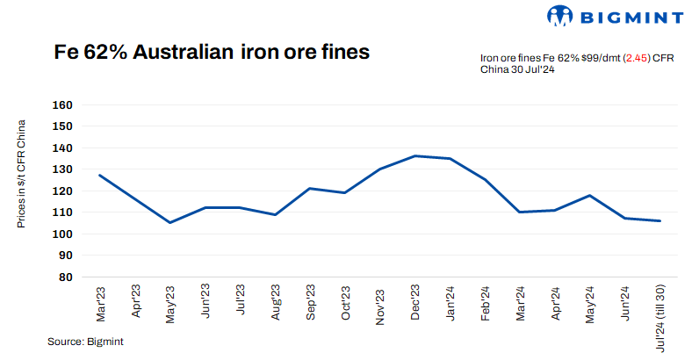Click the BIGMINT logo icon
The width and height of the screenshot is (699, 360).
pyautogui.click(x=560, y=15)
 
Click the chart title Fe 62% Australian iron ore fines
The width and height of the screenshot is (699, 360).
pyautogui.click(x=212, y=53)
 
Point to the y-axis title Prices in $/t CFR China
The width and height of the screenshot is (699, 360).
pyautogui.click(x=22, y=174)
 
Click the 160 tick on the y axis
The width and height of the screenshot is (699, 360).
pyautogui.click(x=62, y=104)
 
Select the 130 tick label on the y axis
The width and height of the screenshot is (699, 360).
pyautogui.click(x=62, y=169)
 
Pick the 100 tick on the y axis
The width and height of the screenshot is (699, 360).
pyautogui.click(x=62, y=234)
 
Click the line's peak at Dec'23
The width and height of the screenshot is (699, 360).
pyautogui.click(x=414, y=156)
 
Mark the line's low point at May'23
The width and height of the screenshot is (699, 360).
pyautogui.click(x=169, y=222)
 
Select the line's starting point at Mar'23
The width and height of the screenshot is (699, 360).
pyautogui.click(x=100, y=175)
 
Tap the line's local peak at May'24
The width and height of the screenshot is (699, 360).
pyautogui.click(x=589, y=195)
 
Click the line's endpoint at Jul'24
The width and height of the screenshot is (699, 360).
pyautogui.click(x=659, y=220)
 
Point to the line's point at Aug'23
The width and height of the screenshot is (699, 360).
pyautogui.click(x=275, y=214)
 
